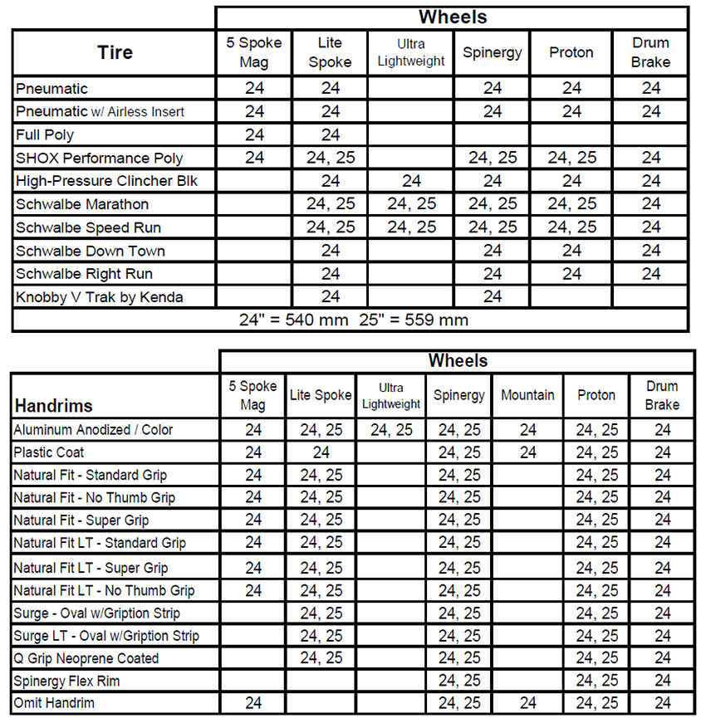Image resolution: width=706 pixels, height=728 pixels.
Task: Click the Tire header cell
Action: [115, 52]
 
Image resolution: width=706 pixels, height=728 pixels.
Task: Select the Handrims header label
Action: [53, 406]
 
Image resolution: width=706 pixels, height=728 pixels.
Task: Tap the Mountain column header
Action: [527, 395]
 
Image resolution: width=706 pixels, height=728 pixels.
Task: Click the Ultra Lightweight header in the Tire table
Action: [411, 52]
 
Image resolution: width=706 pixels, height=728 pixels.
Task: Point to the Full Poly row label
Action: [45, 134]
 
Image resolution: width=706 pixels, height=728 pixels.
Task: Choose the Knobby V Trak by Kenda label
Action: [99, 296]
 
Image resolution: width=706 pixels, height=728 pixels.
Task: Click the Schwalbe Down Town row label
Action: [90, 251]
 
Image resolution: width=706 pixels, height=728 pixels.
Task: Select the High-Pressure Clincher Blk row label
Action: [106, 181]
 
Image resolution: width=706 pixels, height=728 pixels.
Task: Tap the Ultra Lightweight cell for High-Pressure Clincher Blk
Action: [411, 181]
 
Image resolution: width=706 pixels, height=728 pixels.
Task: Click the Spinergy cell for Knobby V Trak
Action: [493, 296]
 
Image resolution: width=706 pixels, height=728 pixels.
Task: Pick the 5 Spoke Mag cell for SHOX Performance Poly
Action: [254, 158]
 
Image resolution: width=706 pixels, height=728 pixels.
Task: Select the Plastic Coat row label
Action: [49, 452]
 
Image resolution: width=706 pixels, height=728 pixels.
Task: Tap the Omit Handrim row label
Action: [54, 703]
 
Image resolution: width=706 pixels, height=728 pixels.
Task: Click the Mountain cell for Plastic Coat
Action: [527, 452]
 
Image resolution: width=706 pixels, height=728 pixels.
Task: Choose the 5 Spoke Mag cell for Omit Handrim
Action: [253, 703]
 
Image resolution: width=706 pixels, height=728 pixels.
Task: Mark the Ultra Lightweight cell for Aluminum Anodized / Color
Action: [391, 430]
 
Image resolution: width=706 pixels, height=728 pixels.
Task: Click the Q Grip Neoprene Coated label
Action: [86, 658]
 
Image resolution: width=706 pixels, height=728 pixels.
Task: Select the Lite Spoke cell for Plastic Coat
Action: [321, 452]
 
